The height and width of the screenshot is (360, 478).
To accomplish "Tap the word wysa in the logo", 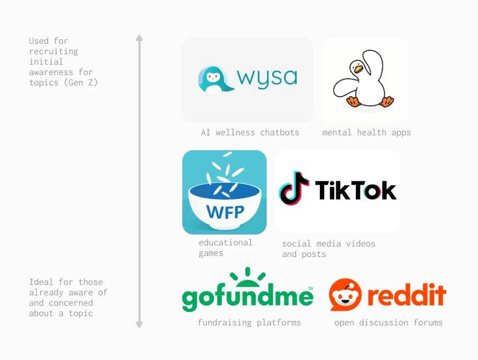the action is coord(267,78).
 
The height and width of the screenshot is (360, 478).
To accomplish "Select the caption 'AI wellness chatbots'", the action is coord(250,133).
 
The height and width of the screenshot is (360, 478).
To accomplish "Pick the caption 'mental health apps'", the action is coord(366,133).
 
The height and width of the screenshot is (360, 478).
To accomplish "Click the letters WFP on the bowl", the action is coord(225,211).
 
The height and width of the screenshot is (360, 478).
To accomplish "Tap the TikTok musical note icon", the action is coord(293,188).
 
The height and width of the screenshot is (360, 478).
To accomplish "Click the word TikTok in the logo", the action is coord(355,191).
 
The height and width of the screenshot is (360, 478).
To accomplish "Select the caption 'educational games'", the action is coord(225,248).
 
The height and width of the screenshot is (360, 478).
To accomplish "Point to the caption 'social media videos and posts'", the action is coord(329,249).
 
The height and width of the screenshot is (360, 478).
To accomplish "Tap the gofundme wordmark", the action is coord(247,298).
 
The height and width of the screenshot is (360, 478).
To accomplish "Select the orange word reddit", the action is coord(406,296).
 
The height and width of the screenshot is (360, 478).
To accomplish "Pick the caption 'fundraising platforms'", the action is coord(249,323).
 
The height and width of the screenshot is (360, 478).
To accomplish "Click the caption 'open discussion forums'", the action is coord(388,323).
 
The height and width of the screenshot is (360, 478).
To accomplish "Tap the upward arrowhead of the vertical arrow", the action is coord(139,38).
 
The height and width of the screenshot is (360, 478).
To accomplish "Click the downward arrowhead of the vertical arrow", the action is coord(139,325).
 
